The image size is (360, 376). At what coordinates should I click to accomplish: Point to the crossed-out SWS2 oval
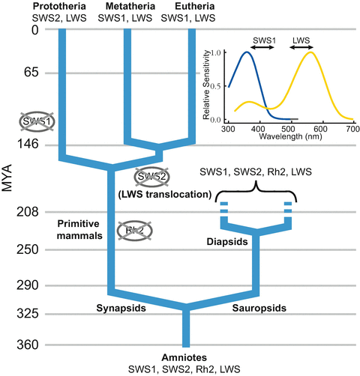click(152, 177)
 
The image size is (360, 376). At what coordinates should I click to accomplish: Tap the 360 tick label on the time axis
click(16, 345)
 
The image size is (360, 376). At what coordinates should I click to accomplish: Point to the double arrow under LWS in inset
click(301, 46)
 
